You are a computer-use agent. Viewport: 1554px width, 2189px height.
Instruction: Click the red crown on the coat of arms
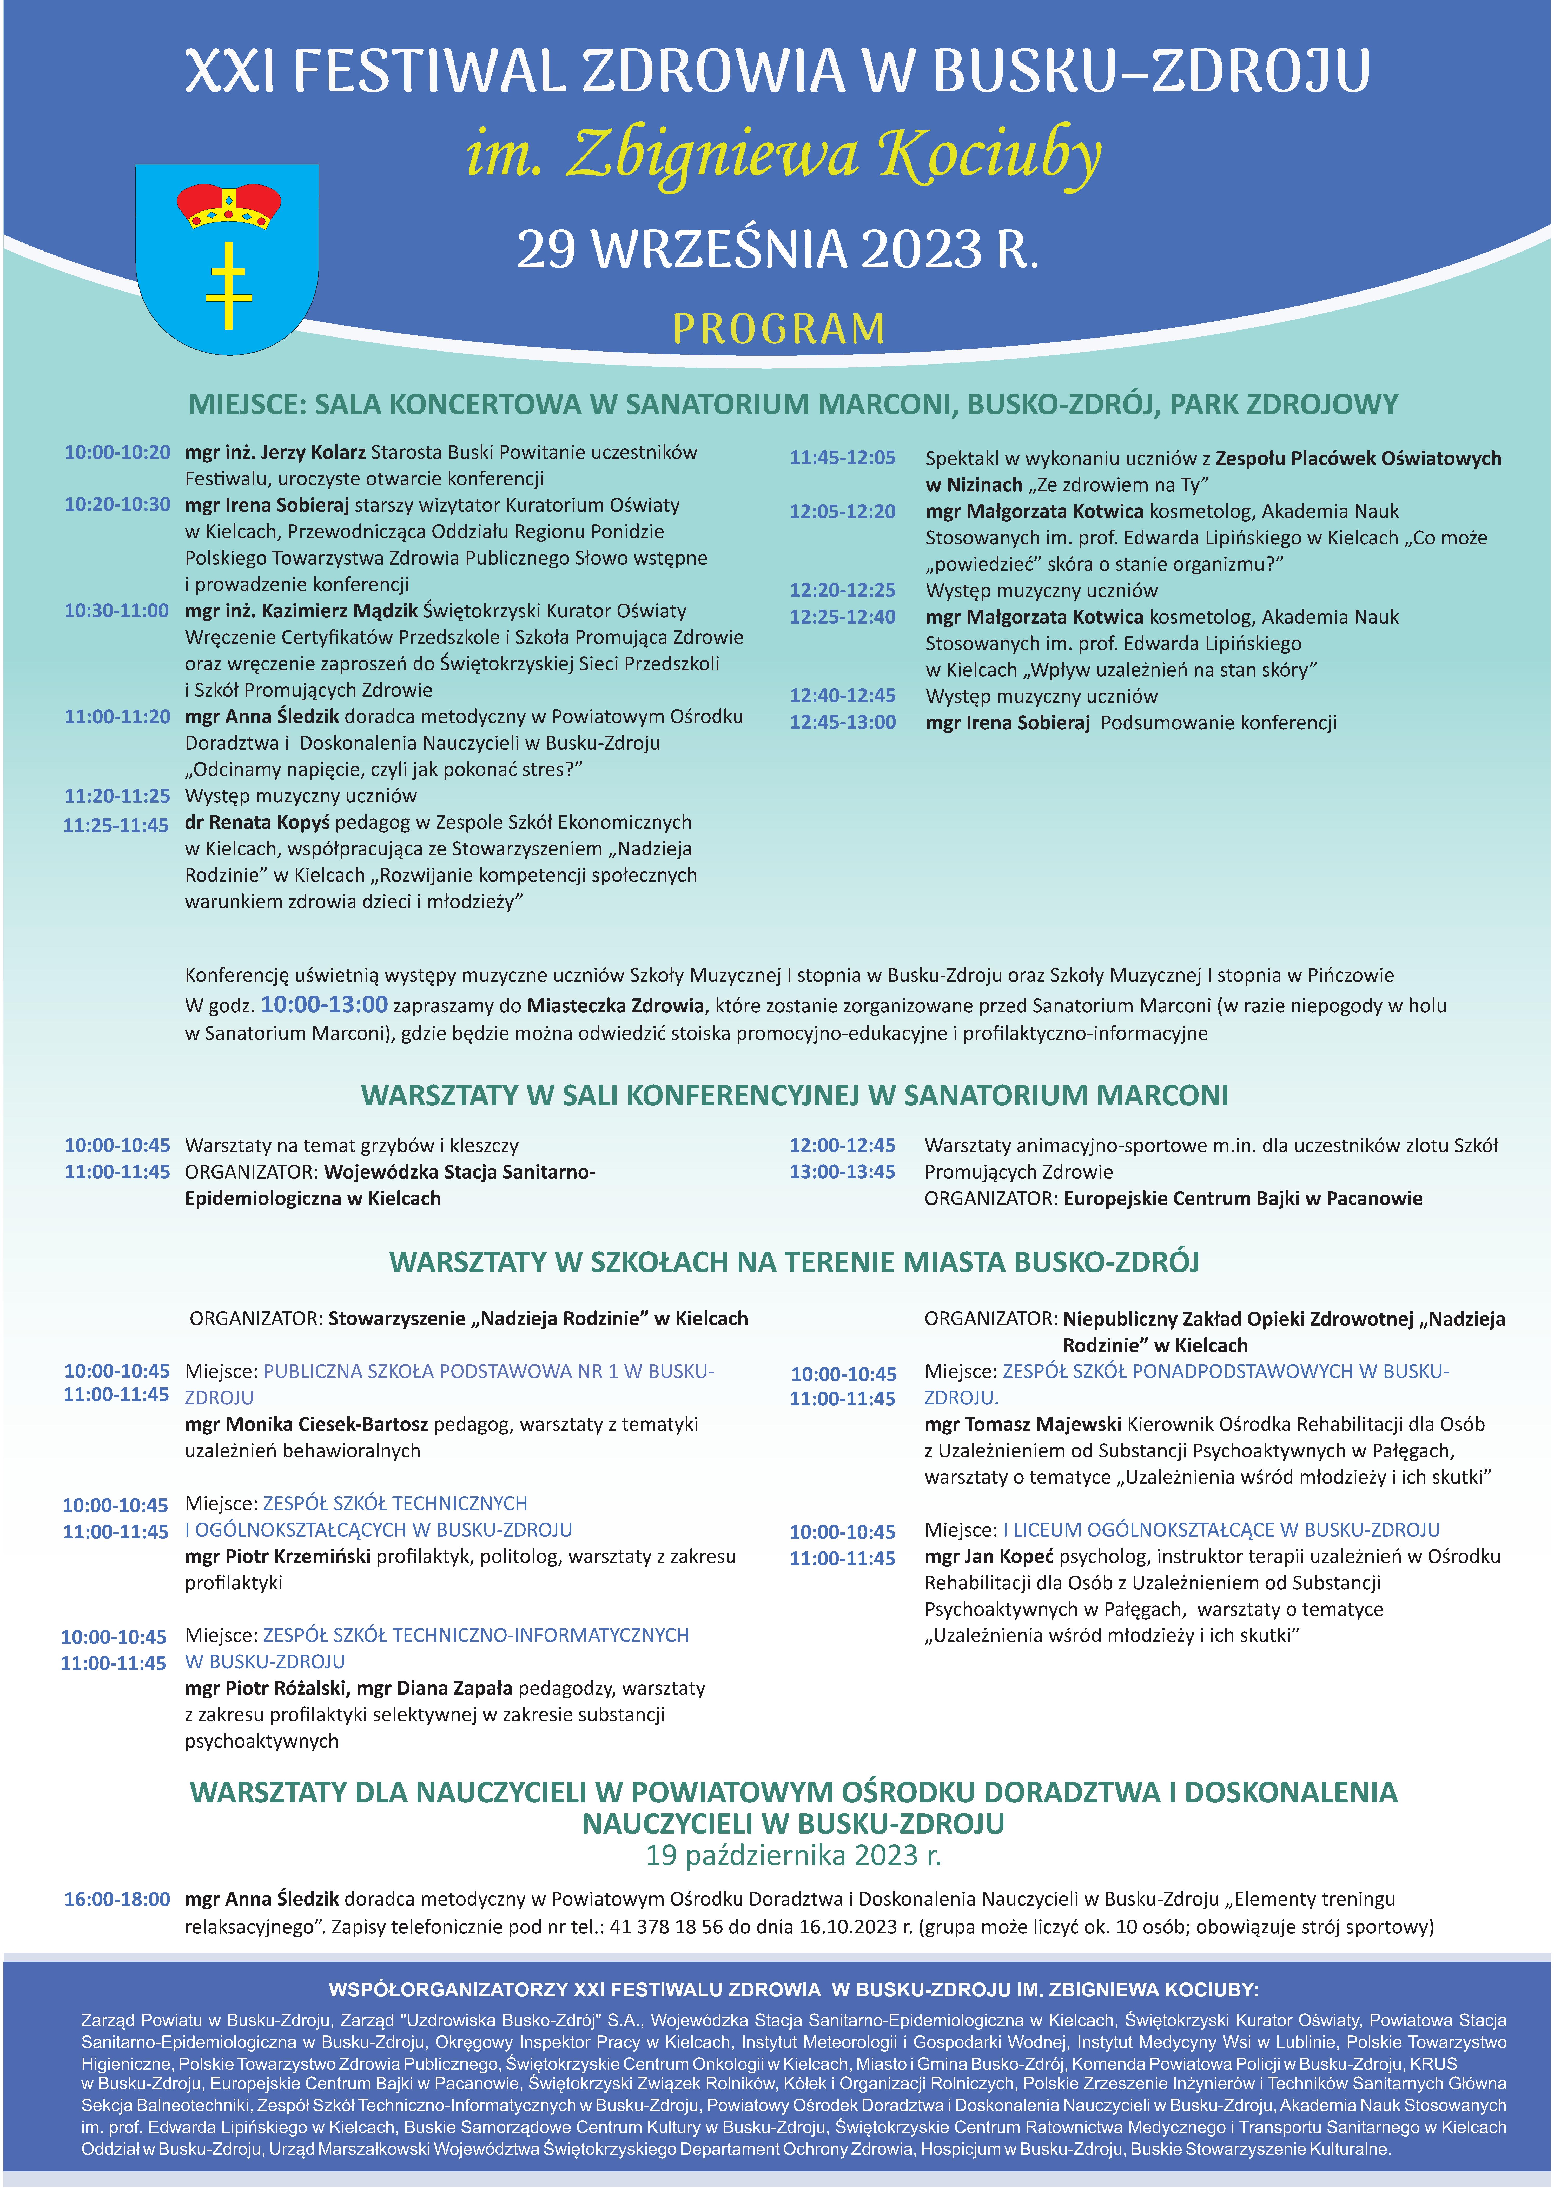point(228,207)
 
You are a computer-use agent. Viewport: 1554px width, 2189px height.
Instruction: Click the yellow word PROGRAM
point(778,329)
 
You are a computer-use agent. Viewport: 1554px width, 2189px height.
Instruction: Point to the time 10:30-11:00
point(117,610)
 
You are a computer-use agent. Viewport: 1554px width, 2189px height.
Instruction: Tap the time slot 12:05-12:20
point(842,512)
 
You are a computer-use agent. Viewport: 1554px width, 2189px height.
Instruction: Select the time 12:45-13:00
point(842,722)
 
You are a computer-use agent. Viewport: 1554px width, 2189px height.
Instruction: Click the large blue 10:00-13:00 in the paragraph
point(324,1004)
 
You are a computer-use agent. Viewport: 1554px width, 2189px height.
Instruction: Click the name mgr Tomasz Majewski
point(1022,1424)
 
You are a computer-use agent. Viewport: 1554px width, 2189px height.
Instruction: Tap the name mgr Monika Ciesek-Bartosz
point(306,1424)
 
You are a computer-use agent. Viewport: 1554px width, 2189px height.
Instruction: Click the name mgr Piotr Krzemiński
point(277,1556)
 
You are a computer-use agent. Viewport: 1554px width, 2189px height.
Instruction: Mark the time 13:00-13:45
point(842,1172)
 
